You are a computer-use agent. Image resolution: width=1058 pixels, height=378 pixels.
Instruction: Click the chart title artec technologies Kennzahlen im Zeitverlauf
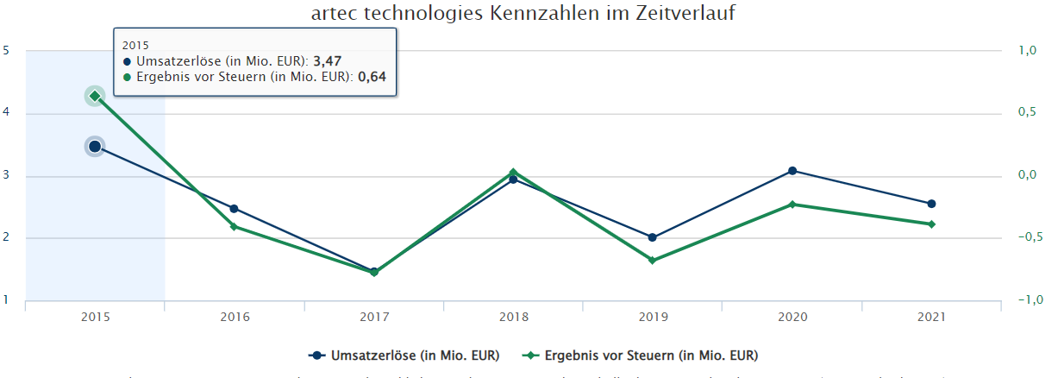528,15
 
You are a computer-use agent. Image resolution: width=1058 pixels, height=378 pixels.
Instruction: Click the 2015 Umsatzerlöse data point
95,147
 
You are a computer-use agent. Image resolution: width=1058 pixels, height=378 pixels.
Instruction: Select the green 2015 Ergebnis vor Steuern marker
95,96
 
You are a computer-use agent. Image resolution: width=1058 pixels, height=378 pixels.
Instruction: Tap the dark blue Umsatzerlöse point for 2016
234,209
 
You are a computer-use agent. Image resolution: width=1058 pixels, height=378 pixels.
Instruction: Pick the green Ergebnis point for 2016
234,226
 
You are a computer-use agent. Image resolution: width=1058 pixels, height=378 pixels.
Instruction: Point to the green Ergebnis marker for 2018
513,172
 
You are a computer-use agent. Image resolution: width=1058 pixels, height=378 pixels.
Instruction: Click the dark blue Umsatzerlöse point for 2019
652,237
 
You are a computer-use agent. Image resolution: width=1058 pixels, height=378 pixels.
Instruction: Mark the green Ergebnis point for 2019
652,260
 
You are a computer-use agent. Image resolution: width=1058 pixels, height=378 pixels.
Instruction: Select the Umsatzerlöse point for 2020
792,171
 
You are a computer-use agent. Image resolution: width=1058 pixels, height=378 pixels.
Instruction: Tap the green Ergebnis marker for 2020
792,205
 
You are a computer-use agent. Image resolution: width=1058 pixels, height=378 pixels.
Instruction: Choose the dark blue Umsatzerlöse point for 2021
931,204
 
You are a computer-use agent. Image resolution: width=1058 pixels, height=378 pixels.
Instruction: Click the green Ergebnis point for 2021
931,224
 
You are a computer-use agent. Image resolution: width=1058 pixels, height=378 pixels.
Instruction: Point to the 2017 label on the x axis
374,318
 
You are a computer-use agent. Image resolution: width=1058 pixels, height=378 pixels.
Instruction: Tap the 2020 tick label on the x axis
792,318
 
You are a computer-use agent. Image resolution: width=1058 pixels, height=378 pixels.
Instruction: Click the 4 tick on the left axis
6,113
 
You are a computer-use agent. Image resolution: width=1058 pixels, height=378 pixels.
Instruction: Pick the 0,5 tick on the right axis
1027,113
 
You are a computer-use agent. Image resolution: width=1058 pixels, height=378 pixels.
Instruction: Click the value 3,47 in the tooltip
326,61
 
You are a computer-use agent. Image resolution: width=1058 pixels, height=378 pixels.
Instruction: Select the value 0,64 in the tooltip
372,77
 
